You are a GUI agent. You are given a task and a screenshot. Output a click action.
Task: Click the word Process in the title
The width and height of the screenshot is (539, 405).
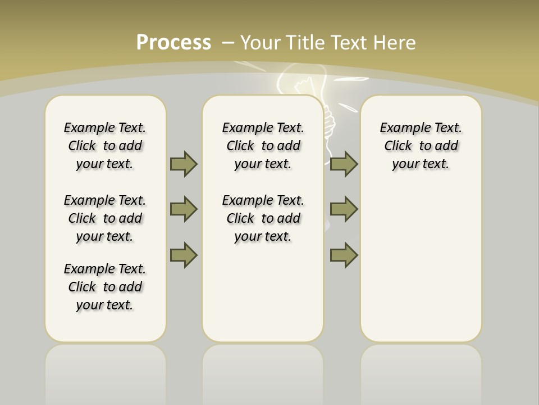pos(173,43)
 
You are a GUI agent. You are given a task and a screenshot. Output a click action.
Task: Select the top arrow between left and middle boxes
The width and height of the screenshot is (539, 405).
pos(184,164)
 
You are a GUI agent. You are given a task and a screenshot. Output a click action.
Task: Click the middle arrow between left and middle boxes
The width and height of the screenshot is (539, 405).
pos(184,209)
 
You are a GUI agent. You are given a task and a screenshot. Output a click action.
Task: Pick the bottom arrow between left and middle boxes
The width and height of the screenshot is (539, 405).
pos(184,255)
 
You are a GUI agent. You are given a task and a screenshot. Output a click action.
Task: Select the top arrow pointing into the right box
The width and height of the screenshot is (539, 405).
pos(344,164)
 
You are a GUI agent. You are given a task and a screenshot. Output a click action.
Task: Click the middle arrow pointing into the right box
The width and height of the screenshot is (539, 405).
pos(344,209)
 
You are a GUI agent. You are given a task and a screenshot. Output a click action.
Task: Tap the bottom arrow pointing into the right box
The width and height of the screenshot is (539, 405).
pos(344,255)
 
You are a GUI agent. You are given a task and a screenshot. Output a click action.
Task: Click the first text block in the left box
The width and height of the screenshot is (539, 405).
pos(105,146)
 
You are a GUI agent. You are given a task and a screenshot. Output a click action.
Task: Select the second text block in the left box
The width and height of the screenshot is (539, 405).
pos(105,218)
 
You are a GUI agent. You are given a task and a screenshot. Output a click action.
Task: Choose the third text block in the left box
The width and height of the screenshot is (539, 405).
pos(105,287)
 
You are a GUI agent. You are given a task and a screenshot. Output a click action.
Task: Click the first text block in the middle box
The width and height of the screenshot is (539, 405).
pos(263,146)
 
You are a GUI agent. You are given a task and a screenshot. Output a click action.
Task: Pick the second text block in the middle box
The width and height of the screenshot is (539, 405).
pos(263,218)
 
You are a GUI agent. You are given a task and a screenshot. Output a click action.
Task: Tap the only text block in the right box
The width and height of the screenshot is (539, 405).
pos(421,146)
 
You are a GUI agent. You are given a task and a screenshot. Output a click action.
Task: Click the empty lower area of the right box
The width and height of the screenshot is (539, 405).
pos(421,270)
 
